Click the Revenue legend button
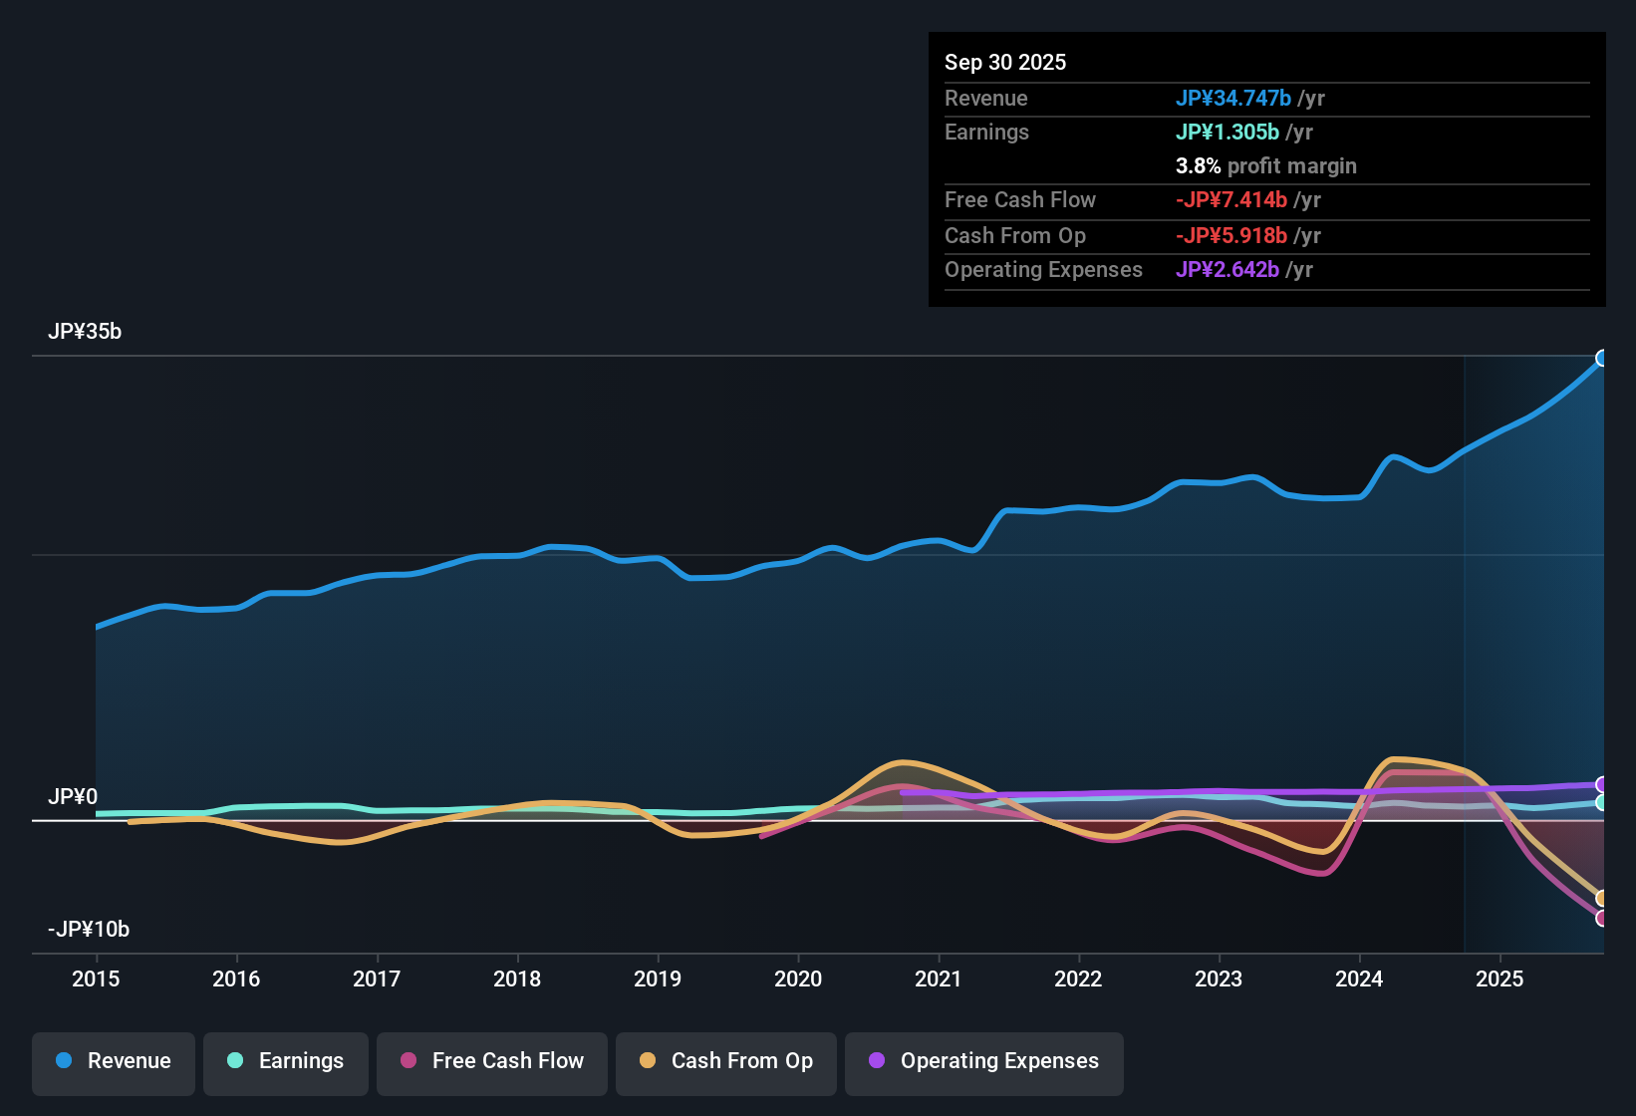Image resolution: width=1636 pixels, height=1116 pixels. pos(114,1061)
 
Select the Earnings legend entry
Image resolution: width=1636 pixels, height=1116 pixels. pos(286,1061)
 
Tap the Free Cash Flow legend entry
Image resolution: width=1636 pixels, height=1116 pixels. pos(492,1061)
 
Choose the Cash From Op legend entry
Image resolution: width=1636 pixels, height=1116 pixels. pos(726,1061)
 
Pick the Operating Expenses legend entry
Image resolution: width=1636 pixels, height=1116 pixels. pos(984,1061)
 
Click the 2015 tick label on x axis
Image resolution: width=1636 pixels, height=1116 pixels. pos(96,978)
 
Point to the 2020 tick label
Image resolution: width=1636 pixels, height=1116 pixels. pos(798,978)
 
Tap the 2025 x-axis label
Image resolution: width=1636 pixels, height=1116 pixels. pos(1500,978)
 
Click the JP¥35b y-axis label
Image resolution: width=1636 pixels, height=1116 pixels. pos(85,332)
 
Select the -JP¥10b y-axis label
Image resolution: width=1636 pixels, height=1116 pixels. pos(89,930)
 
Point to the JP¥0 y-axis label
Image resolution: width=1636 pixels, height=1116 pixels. pos(73,797)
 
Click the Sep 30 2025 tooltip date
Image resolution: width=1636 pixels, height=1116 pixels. pos(1005,63)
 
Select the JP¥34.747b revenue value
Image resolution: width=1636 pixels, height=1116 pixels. pos(1232,99)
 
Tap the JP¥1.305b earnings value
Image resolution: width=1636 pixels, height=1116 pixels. pos(1227,133)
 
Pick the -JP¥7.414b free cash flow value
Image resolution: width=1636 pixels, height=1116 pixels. pos(1230,200)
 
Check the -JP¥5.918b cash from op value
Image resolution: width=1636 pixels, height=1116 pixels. pos(1230,236)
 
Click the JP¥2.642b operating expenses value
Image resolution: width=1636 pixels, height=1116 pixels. pos(1227,270)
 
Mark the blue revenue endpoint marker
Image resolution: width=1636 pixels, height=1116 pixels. pos(1602,359)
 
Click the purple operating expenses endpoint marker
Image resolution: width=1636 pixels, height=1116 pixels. pos(1602,785)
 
